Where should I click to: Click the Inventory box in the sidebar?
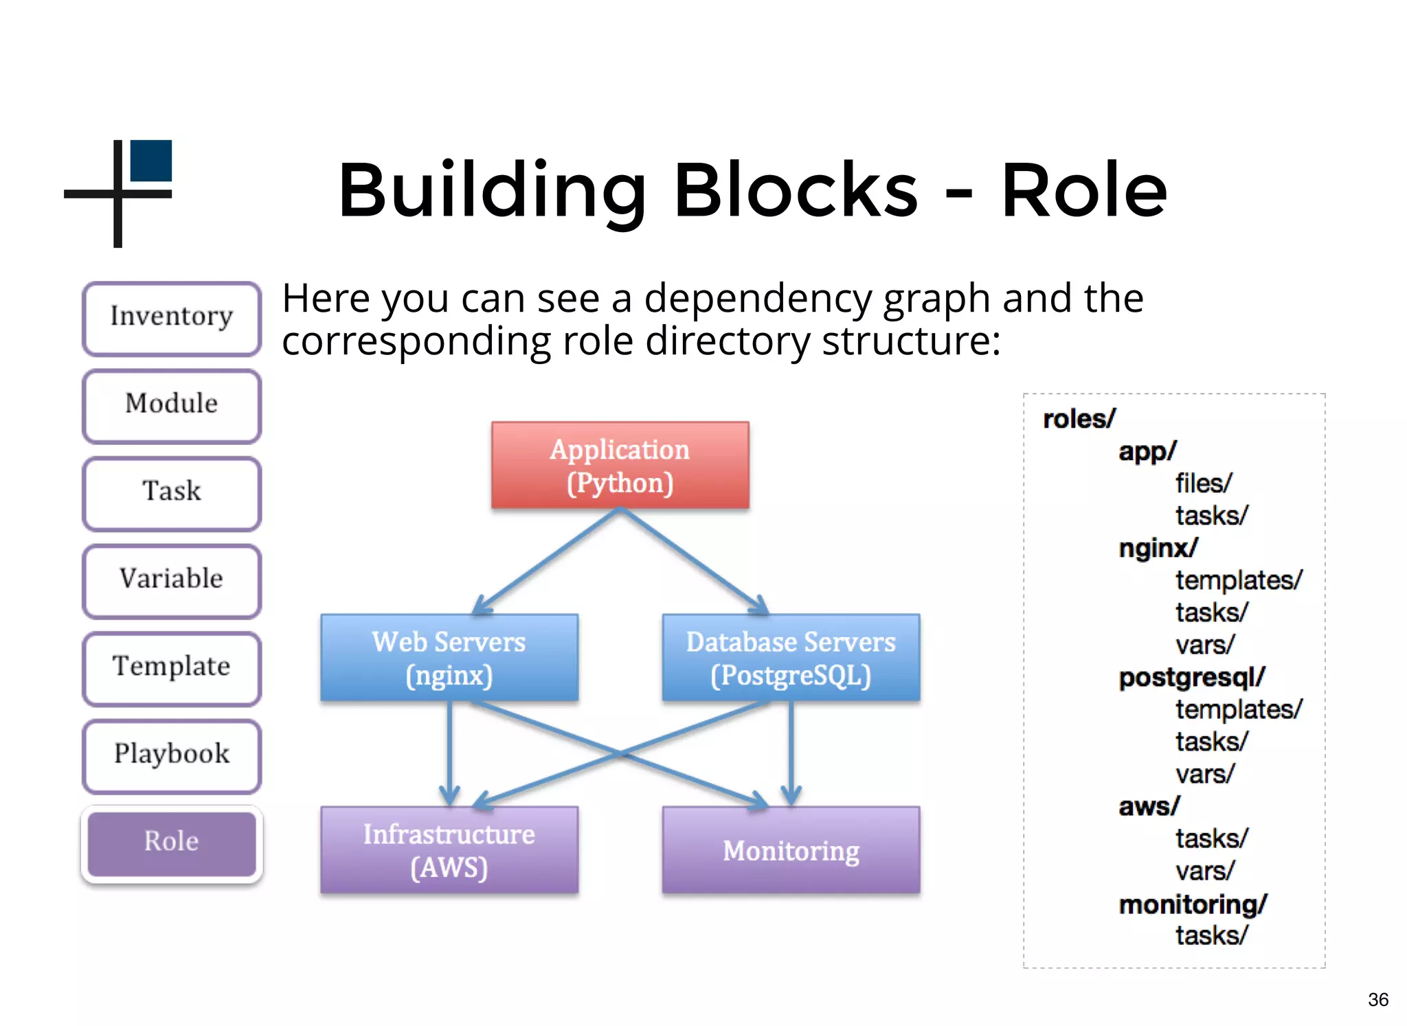[172, 318]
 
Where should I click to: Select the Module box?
[172, 405]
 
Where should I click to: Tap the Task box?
[172, 492]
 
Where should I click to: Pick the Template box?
[172, 668]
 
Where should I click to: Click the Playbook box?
[172, 755]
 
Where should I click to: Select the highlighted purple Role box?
[172, 843]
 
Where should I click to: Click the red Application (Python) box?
[620, 466]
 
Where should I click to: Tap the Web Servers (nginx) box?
[449, 658]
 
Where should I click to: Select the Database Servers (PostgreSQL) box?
[791, 658]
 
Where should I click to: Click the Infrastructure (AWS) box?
[449, 850]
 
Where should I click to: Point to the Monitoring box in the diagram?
[791, 850]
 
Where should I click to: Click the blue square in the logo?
[151, 161]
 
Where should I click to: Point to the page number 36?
[1377, 999]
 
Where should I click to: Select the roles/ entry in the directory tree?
[1079, 419]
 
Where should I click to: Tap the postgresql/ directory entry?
[1191, 678]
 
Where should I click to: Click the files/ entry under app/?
[1203, 483]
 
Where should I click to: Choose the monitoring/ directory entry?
[1192, 904]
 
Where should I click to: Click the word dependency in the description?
[757, 299]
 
